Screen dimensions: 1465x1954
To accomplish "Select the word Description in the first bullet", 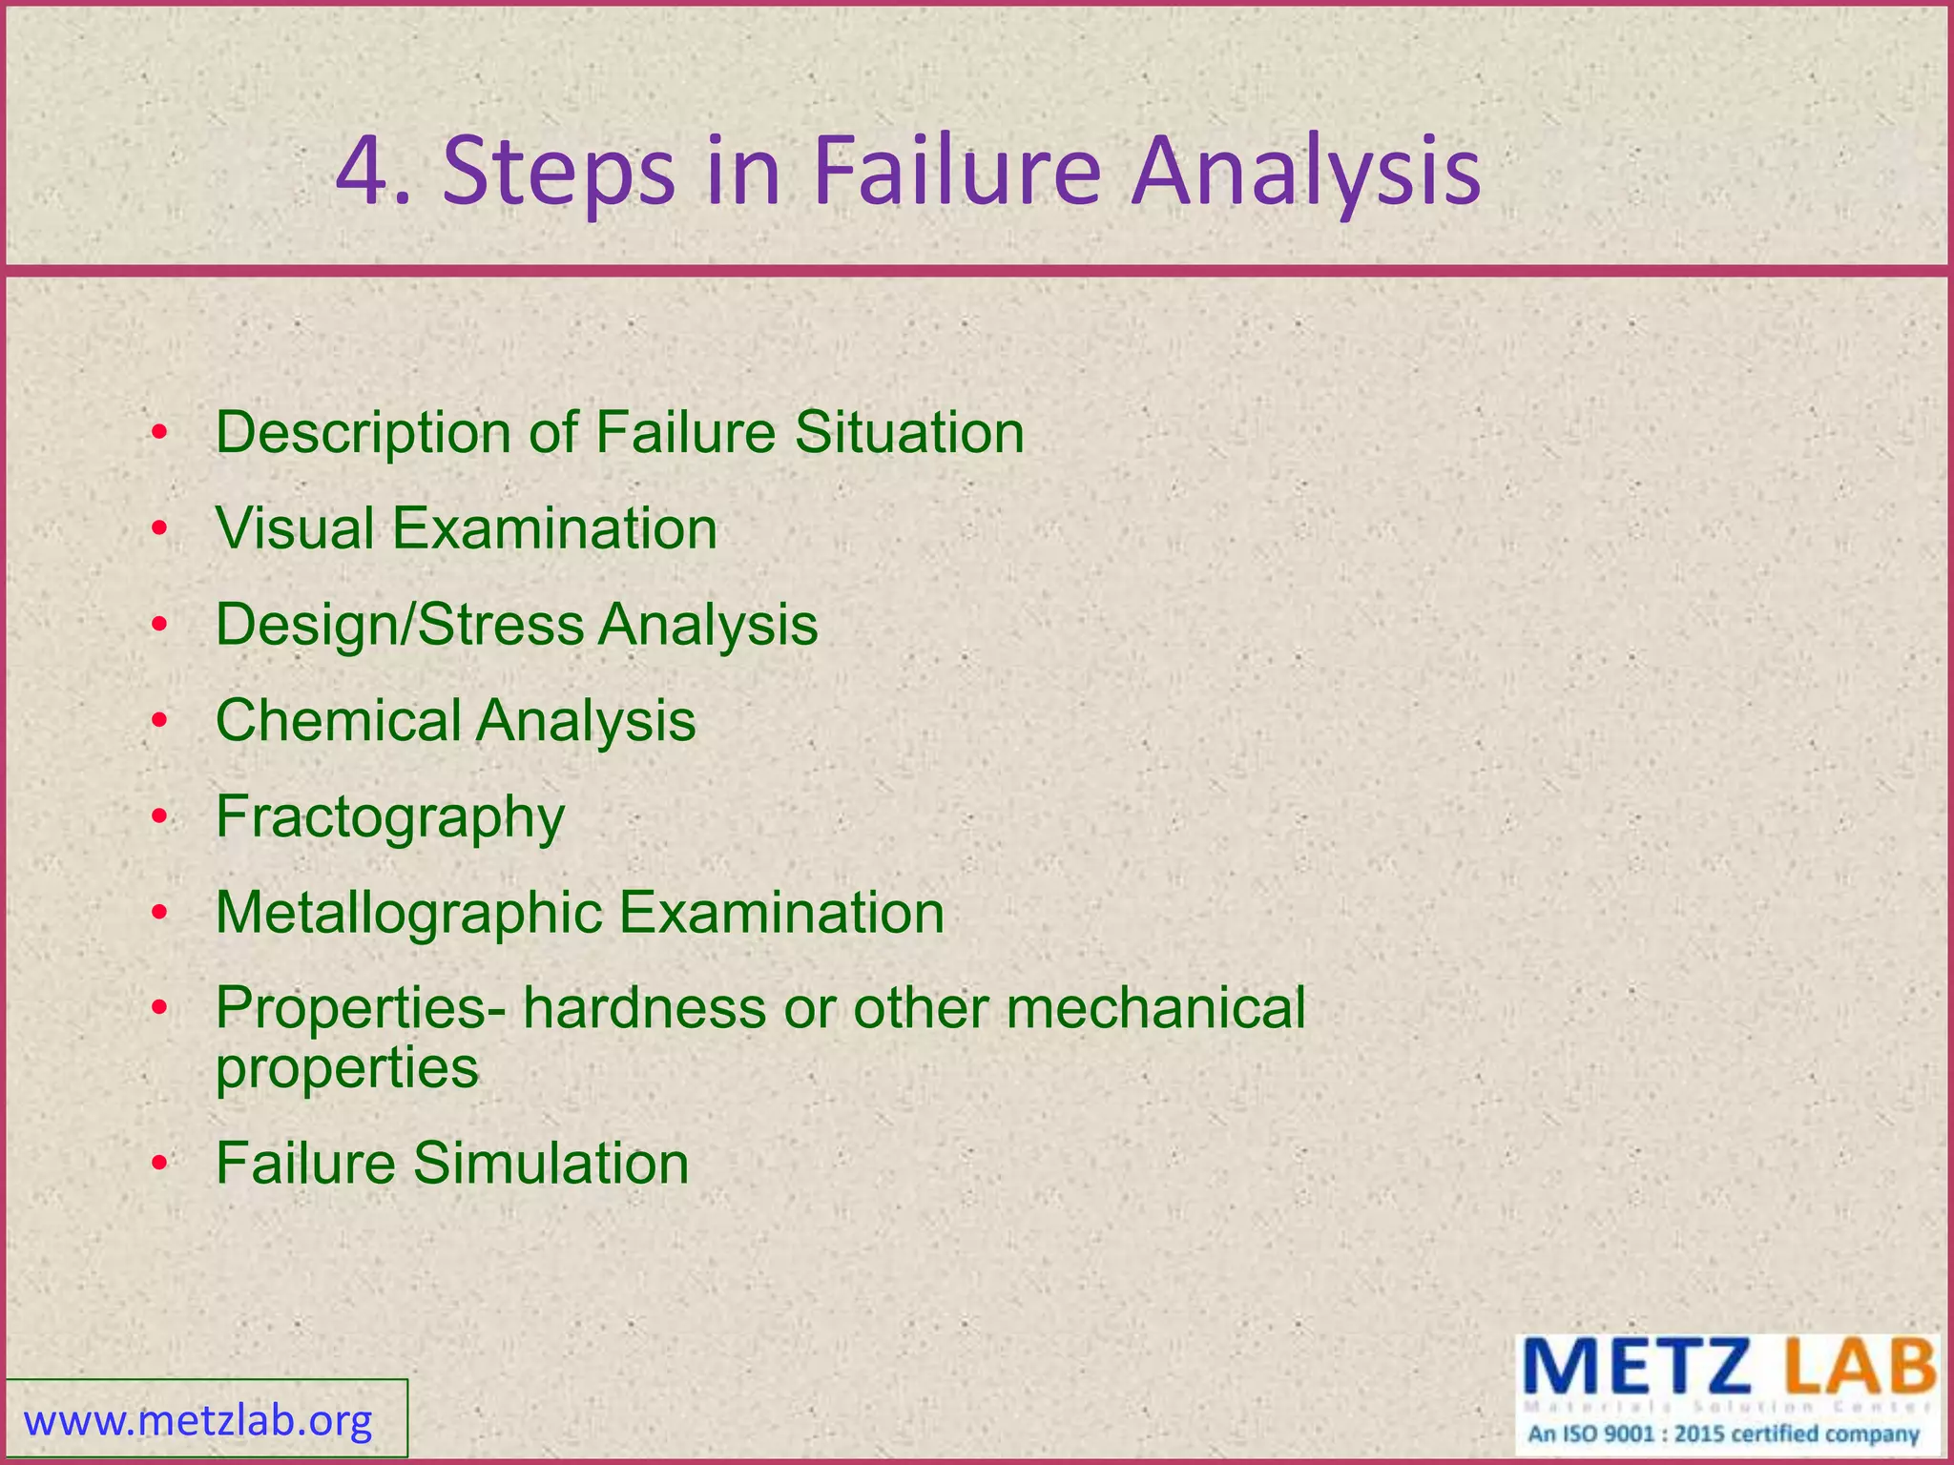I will coord(364,434).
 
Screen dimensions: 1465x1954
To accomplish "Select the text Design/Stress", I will coord(400,626).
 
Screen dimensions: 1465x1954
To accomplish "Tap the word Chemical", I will coord(338,720).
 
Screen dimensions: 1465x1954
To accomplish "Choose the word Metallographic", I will coord(408,914).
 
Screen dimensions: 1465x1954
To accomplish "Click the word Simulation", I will coord(551,1164).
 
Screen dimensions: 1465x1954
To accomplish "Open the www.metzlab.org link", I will coord(198,1421).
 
